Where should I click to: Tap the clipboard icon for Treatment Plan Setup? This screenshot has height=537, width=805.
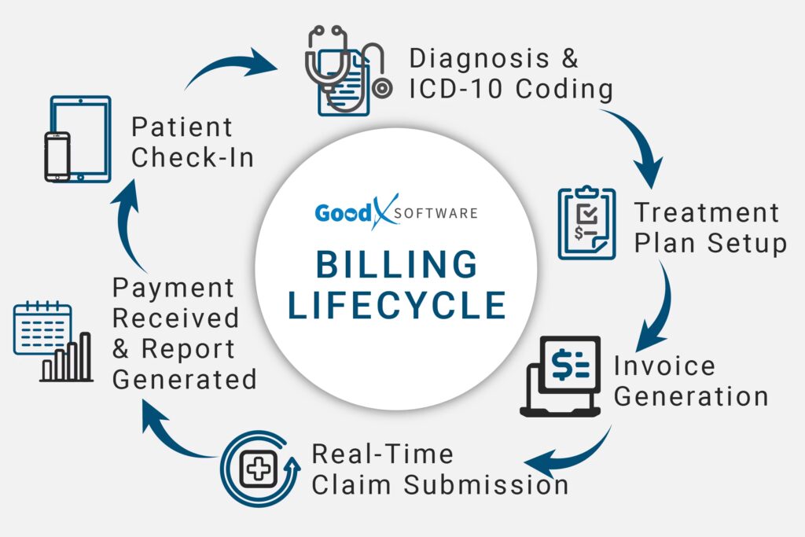(x=586, y=223)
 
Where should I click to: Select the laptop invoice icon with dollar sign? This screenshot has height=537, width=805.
(x=561, y=376)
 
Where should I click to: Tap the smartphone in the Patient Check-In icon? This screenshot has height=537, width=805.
(x=57, y=156)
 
